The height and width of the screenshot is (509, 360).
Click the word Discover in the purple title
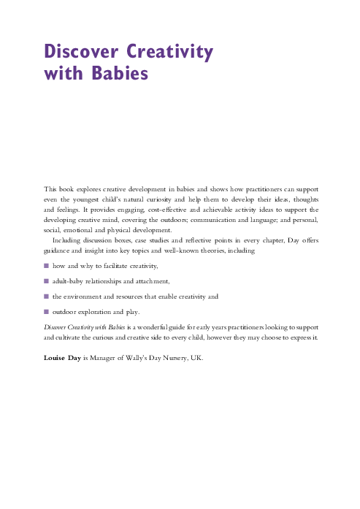(81, 53)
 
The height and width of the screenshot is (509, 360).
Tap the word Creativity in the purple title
(170, 53)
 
